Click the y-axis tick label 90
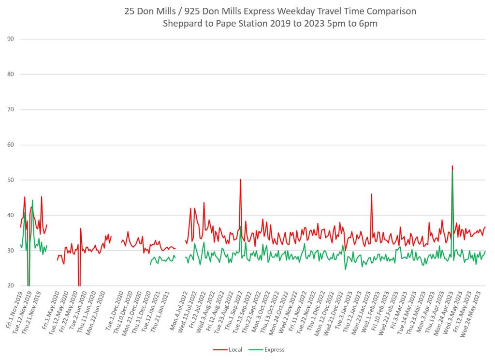point(11,39)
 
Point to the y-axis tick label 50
point(11,180)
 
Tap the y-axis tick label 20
point(11,285)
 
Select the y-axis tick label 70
point(11,110)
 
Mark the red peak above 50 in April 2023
point(452,166)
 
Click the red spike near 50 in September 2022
point(240,180)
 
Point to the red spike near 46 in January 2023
point(371,194)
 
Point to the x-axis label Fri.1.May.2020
point(50,311)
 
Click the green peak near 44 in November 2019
point(32,200)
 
